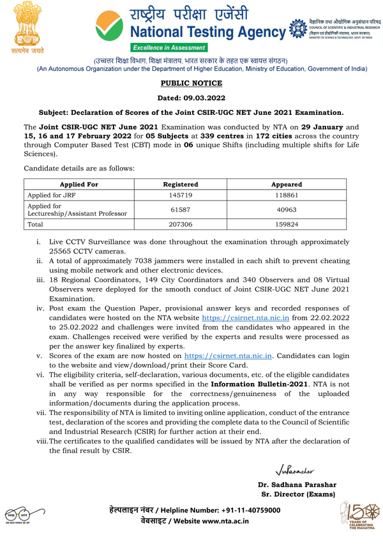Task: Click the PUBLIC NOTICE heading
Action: (191, 83)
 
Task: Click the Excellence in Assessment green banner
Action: (169, 48)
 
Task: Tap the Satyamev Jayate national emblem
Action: (26, 29)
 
